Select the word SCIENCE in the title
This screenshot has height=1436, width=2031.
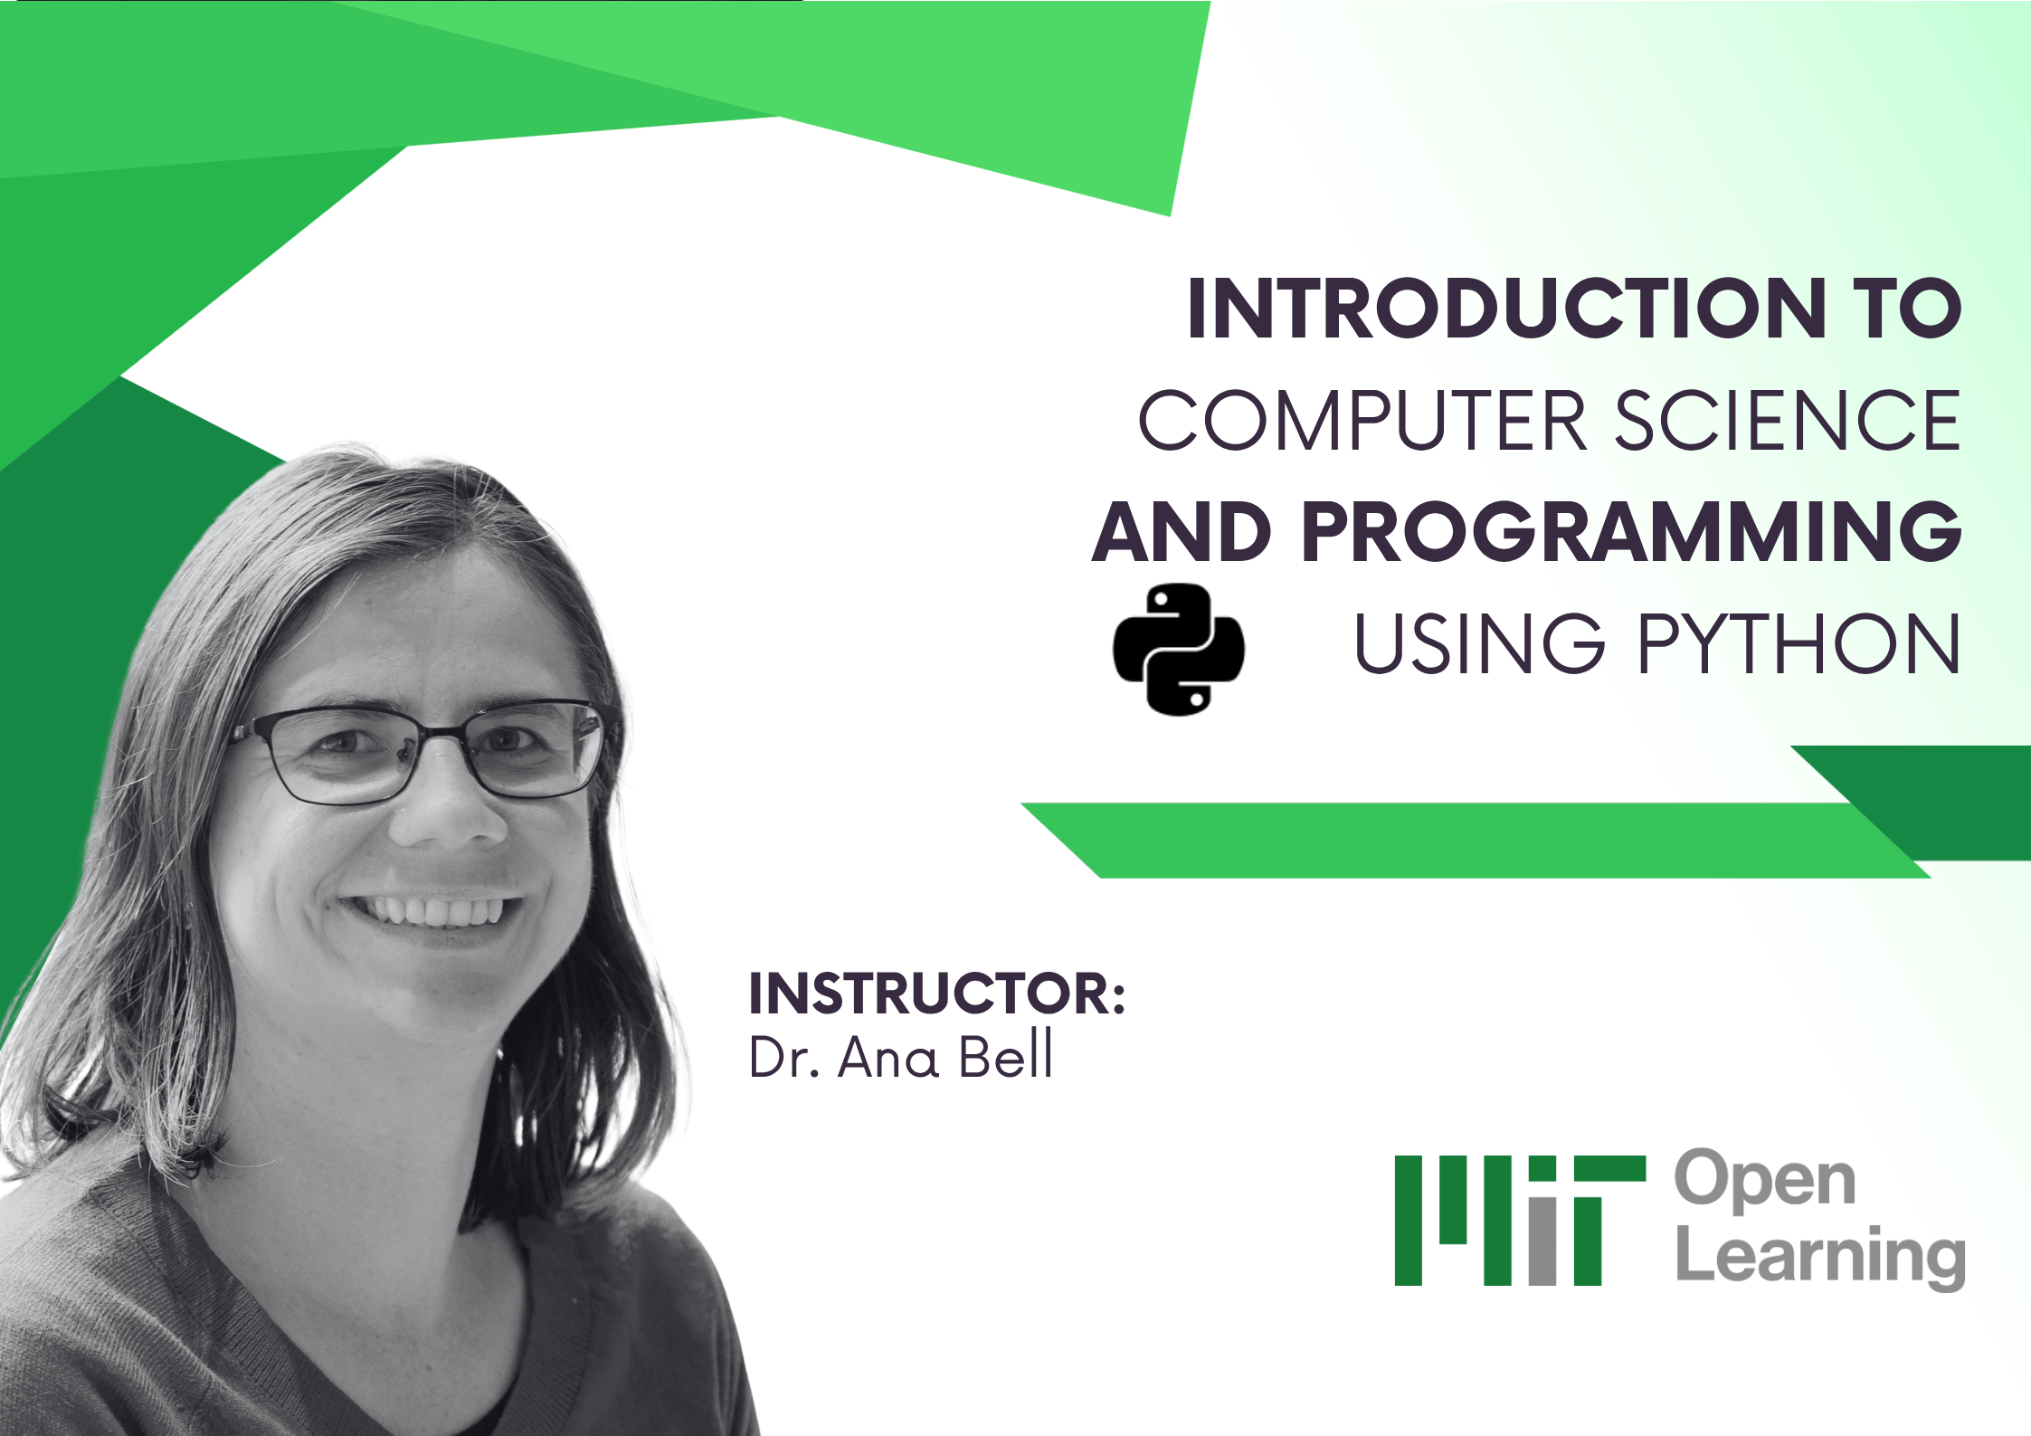pos(1787,421)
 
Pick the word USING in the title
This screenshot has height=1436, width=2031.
pos(1479,643)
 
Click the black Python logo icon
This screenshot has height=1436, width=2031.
pos(1178,649)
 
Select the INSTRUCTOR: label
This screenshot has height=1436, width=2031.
pos(936,994)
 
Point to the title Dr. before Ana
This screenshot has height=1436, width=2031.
pos(783,1057)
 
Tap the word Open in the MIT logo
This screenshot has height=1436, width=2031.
pos(1764,1181)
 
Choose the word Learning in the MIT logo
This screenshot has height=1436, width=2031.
pos(1820,1257)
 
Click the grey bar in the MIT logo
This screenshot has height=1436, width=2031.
pos(1542,1240)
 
